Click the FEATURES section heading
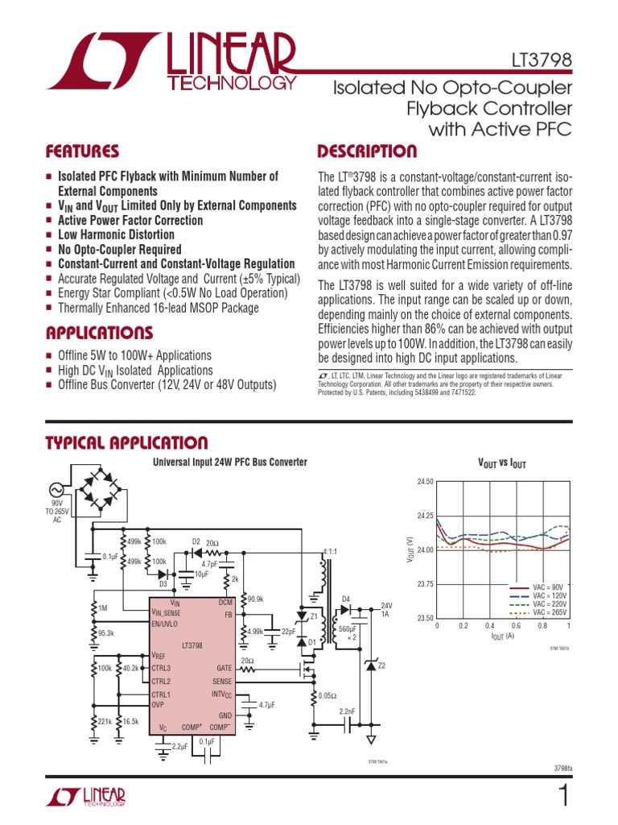point(82,151)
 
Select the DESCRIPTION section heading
point(367,151)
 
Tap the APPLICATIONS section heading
point(99,333)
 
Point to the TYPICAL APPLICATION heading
point(126,442)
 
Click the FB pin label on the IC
point(228,614)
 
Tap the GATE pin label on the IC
point(225,668)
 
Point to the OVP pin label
point(158,704)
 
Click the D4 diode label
point(347,599)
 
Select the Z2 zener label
point(382,665)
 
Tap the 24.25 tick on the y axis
point(425,516)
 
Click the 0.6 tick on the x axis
point(516,625)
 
